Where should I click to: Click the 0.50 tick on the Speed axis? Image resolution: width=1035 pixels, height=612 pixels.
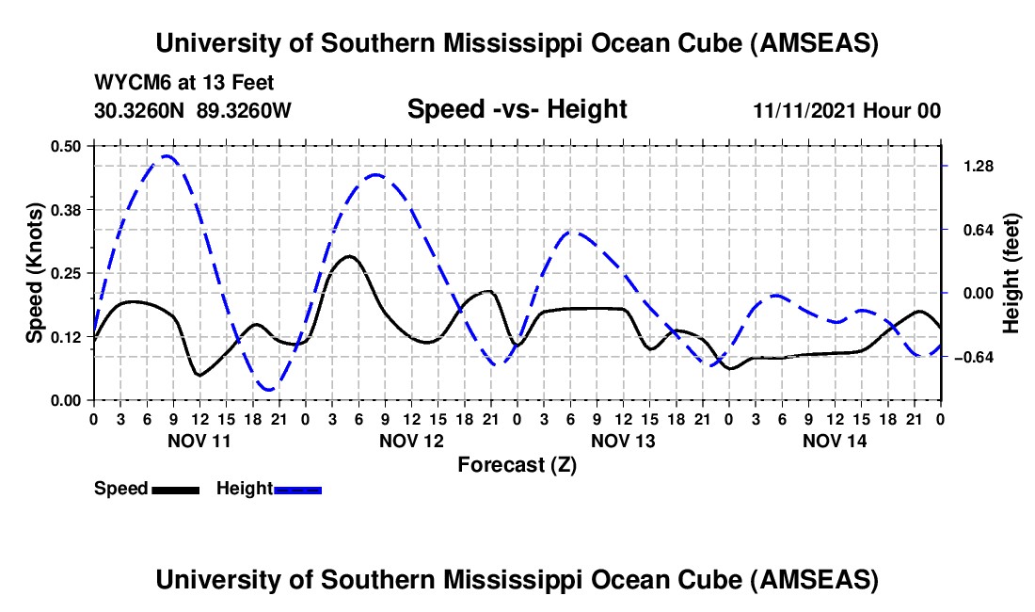point(72,145)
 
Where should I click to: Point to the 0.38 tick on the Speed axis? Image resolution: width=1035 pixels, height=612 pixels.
point(72,209)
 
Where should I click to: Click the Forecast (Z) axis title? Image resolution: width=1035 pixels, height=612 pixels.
point(517,464)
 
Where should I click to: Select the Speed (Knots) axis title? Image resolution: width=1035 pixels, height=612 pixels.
point(34,273)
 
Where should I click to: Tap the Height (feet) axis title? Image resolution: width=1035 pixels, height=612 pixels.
point(1011,273)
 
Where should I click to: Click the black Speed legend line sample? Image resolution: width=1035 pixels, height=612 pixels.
point(175,490)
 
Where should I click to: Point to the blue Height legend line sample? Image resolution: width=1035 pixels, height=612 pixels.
point(298,490)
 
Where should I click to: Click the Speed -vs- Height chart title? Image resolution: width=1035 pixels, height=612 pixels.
point(517,109)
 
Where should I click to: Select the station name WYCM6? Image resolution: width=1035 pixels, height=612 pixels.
point(128,83)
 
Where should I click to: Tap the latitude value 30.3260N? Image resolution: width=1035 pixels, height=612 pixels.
point(140,110)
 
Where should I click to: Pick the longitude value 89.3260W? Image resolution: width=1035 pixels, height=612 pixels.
point(245,110)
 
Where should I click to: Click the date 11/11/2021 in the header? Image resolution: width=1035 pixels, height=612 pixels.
point(807,110)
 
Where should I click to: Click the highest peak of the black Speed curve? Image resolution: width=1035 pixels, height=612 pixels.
point(349,256)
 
